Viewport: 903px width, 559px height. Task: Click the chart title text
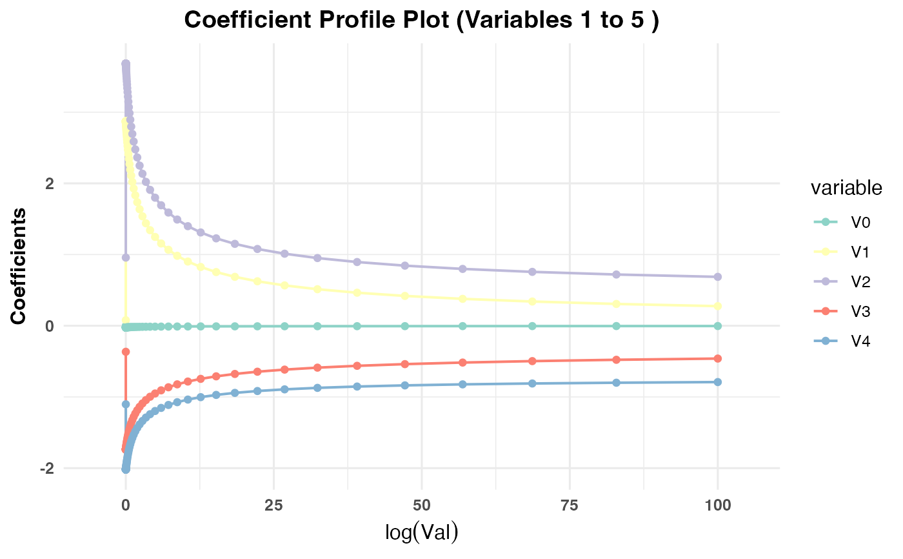coord(421,19)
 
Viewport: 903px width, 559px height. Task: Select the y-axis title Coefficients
coord(19,266)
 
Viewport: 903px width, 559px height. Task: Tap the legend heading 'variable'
coord(846,188)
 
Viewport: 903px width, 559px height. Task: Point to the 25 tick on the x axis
coord(273,505)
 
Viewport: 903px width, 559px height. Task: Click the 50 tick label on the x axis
coord(421,505)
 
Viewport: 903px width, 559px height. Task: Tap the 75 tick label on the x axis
coord(570,505)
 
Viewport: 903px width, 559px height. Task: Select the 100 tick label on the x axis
coord(718,505)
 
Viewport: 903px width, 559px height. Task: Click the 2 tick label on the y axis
coord(48,183)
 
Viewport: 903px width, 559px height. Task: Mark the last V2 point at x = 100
coord(718,277)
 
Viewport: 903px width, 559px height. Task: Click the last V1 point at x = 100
coord(718,306)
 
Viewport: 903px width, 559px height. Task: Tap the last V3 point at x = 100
coord(718,358)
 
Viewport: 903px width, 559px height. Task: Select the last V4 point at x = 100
coord(718,382)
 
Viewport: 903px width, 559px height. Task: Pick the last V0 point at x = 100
coord(718,326)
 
